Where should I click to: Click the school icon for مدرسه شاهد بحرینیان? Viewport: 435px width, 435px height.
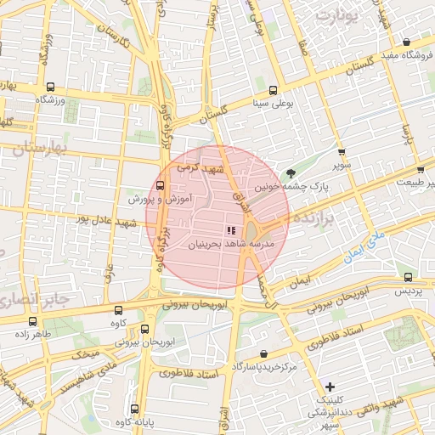tap(229, 229)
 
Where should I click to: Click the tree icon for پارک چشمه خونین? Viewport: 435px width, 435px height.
tap(292, 172)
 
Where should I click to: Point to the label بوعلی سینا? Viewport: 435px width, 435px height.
tap(271, 105)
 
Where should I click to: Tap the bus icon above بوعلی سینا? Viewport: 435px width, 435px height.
tap(273, 91)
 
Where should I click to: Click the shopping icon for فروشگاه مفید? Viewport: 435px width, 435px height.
tap(407, 42)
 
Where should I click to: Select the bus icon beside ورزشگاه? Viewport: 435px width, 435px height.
tap(49, 87)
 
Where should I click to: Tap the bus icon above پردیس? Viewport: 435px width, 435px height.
tap(410, 277)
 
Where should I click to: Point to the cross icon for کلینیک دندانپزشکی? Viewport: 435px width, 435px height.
tap(330, 387)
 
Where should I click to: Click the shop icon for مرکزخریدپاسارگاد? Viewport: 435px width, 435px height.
tap(263, 353)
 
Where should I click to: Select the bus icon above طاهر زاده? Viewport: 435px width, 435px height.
tap(33, 321)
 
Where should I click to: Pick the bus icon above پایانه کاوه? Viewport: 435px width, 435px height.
tap(135, 407)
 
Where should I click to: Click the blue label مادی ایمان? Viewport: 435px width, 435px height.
tap(367, 246)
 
